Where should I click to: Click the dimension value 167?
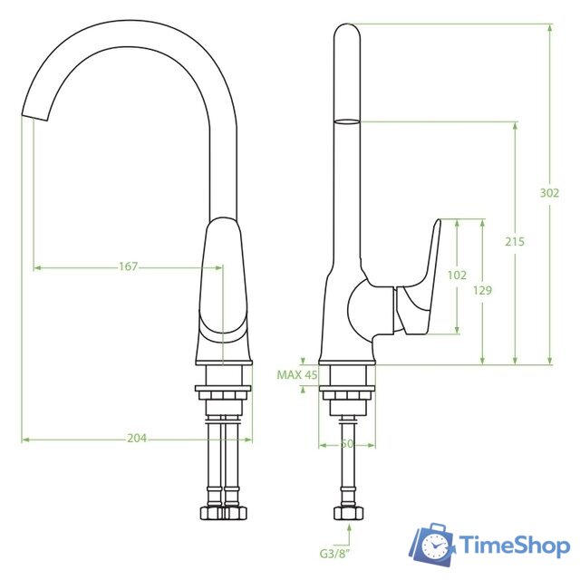(128, 266)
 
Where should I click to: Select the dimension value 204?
(137, 439)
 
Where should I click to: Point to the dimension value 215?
(515, 242)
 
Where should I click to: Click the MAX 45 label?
(297, 374)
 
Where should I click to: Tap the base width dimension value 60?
(347, 444)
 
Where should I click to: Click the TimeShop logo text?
(514, 546)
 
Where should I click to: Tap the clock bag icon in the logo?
(435, 546)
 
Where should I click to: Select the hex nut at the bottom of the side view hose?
(347, 513)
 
